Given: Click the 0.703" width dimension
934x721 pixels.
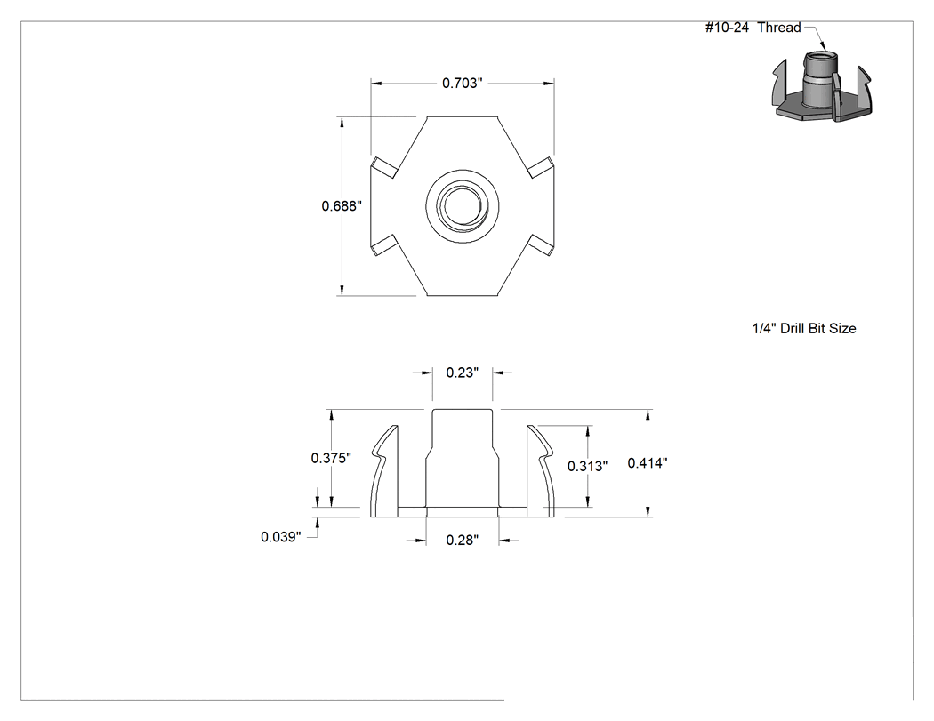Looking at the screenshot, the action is (463, 83).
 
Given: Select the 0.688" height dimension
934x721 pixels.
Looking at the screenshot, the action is (342, 206).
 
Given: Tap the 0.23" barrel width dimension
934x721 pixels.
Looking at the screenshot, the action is (463, 373).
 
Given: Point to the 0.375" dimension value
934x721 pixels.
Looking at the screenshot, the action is (331, 458).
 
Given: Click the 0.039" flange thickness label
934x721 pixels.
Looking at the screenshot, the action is (280, 537).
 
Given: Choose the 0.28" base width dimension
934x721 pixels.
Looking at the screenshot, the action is (463, 540).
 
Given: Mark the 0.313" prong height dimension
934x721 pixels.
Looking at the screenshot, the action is (587, 466).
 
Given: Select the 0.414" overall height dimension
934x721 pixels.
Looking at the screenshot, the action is (648, 462).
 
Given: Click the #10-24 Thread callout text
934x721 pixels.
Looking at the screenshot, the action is (753, 28).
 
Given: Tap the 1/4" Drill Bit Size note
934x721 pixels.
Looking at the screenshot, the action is (804, 329).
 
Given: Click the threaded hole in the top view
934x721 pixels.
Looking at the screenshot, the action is (463, 206).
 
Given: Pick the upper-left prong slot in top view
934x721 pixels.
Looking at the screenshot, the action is (385, 167).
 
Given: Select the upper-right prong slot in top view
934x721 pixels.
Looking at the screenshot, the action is (541, 167).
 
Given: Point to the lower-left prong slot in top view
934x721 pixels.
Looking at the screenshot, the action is (385, 245).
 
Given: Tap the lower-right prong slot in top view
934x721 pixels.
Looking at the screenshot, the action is (541, 245).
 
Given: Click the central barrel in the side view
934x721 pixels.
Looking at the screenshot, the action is (463, 459).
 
